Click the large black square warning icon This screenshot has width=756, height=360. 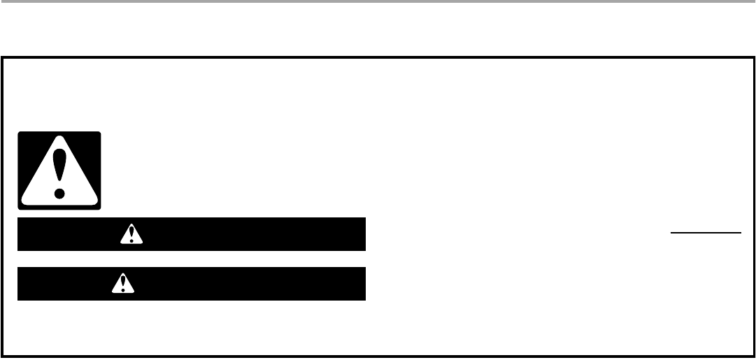coord(59,171)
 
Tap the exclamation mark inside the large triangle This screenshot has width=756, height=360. coord(59,168)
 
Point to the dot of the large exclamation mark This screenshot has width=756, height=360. coord(59,191)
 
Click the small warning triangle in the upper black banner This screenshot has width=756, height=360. coord(127,235)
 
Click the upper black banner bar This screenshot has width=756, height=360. coord(245,234)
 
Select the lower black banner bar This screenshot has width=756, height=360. coord(245,284)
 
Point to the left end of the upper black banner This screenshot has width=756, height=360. coord(20,234)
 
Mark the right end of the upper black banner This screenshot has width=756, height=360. coord(364,234)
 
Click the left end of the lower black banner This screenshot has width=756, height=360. coord(20,284)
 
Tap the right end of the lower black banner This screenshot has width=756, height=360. coord(364,284)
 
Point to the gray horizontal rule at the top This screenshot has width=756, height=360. coord(378,2)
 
